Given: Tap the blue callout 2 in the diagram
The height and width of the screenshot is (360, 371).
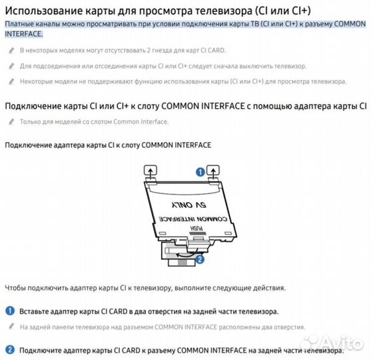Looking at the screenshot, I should [200, 259].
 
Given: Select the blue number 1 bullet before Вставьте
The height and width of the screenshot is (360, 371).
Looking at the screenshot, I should [10, 311].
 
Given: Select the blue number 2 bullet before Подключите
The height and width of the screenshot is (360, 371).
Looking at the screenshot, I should [10, 350].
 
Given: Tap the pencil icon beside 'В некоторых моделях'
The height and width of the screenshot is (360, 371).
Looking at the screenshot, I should [11, 51].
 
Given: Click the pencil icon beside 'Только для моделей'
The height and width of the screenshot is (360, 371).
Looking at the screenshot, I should [11, 121].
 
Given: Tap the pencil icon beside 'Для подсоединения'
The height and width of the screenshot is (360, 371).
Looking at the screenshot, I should [11, 66].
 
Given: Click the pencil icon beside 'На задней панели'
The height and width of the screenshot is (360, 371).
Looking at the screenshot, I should [11, 327].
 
